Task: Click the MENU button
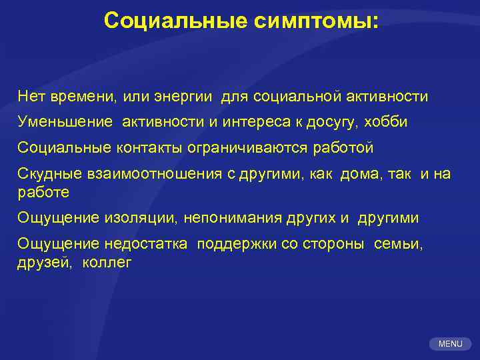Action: pyautogui.click(x=451, y=344)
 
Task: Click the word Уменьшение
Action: pyautogui.click(x=65, y=123)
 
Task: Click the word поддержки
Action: pyautogui.click(x=237, y=244)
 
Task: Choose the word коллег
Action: pyautogui.click(x=107, y=263)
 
